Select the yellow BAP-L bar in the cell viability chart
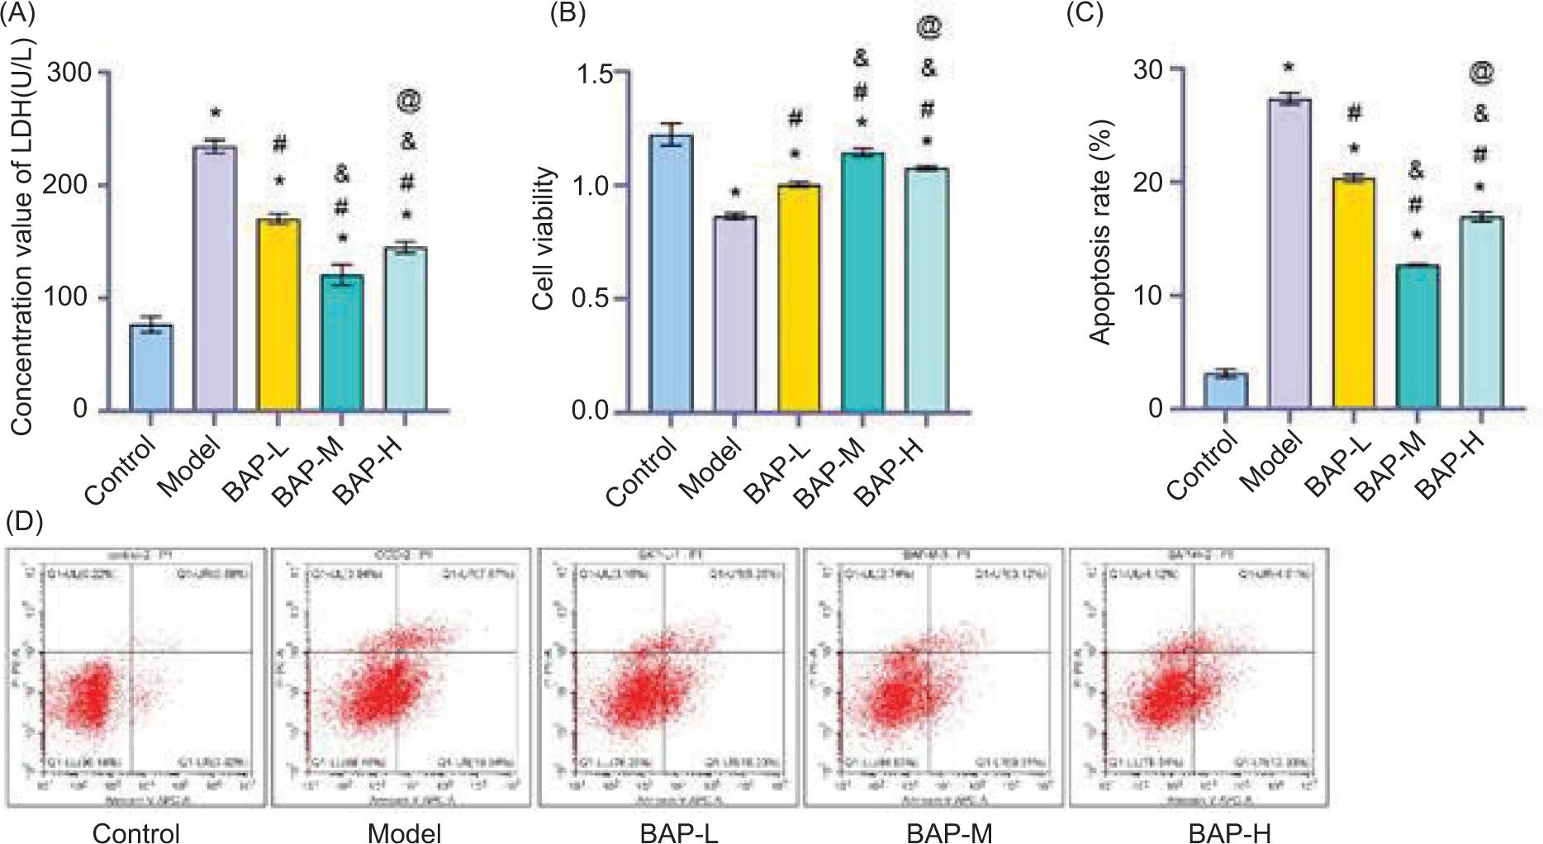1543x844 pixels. pos(799,297)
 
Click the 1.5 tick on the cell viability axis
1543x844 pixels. pos(594,73)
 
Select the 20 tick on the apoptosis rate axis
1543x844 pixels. pos(1147,183)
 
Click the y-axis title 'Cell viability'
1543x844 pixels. pos(543,239)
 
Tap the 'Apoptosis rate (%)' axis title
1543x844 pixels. pos(1100,232)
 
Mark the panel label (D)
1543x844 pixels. pos(24,522)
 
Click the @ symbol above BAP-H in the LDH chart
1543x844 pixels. pos(408,101)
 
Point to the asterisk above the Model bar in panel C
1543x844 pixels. pos(1289,68)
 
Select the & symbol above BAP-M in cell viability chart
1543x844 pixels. pos(861,58)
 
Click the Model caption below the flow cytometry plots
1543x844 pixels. pos(404,832)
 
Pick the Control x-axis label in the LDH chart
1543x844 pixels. pos(121,470)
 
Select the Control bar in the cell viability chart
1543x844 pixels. pos(671,273)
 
